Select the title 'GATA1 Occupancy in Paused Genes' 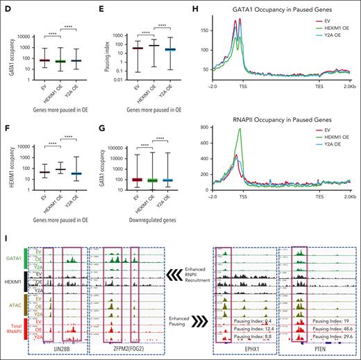(x=275, y=11)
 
